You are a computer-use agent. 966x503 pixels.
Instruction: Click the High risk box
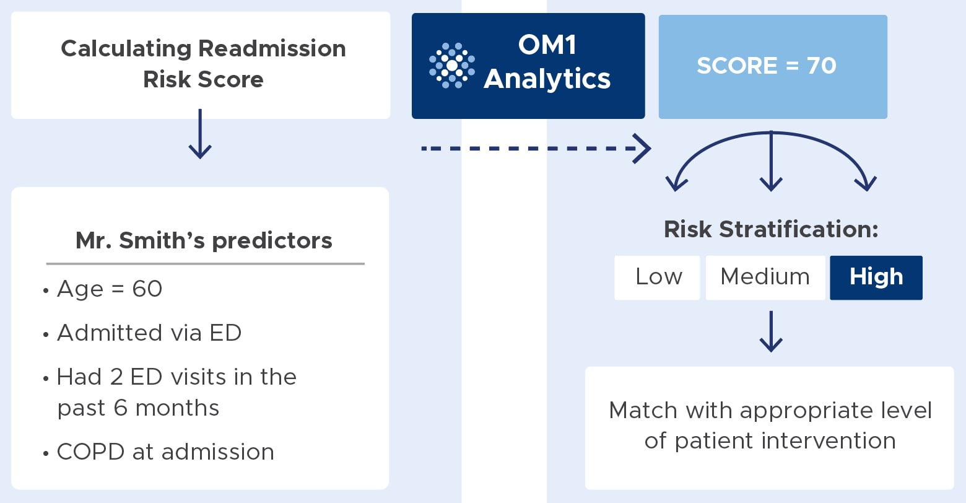876,278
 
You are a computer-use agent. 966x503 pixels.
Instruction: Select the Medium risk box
765,278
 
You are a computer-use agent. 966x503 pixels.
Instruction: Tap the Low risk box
657,278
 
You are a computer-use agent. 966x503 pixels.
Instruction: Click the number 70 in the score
822,66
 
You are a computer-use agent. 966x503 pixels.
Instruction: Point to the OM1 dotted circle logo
452,66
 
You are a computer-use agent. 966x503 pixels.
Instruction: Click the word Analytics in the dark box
547,79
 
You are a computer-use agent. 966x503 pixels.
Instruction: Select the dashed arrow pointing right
536,149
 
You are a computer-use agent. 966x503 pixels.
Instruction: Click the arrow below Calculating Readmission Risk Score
200,134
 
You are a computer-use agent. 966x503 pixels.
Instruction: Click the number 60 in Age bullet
147,289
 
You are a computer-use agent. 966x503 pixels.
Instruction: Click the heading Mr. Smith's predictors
204,240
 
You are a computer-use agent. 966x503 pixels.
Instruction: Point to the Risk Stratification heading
771,229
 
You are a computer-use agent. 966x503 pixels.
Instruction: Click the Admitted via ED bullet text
149,333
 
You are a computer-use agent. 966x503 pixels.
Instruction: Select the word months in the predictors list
177,408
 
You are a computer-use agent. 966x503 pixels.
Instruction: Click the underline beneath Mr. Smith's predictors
206,263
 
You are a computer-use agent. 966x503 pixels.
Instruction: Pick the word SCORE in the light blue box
738,66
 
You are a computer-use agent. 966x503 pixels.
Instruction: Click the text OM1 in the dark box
547,45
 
